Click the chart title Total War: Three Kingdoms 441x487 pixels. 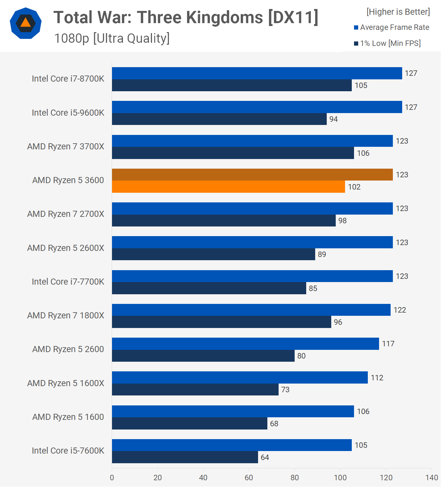click(x=186, y=17)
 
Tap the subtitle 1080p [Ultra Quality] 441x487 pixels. click(x=112, y=38)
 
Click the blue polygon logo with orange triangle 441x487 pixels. click(x=26, y=23)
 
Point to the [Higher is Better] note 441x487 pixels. click(x=398, y=12)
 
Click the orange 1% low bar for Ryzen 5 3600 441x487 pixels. click(x=228, y=187)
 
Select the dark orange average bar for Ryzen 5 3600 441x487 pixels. click(x=252, y=174)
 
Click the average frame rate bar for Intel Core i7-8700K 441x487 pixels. click(x=257, y=73)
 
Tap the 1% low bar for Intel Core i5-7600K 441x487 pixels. click(x=185, y=457)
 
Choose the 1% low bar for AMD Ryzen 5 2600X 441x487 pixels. click(x=213, y=254)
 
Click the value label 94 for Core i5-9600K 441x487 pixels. click(x=333, y=119)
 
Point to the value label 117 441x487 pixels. click(x=388, y=344)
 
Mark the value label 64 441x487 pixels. click(x=265, y=457)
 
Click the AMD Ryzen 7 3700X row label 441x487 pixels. click(x=66, y=146)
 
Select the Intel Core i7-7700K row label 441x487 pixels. click(x=68, y=282)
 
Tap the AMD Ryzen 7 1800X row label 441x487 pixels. click(x=66, y=315)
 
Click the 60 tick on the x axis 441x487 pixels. click(x=249, y=478)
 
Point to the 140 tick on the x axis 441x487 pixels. click(x=432, y=478)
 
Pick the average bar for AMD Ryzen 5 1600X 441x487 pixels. click(x=240, y=377)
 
